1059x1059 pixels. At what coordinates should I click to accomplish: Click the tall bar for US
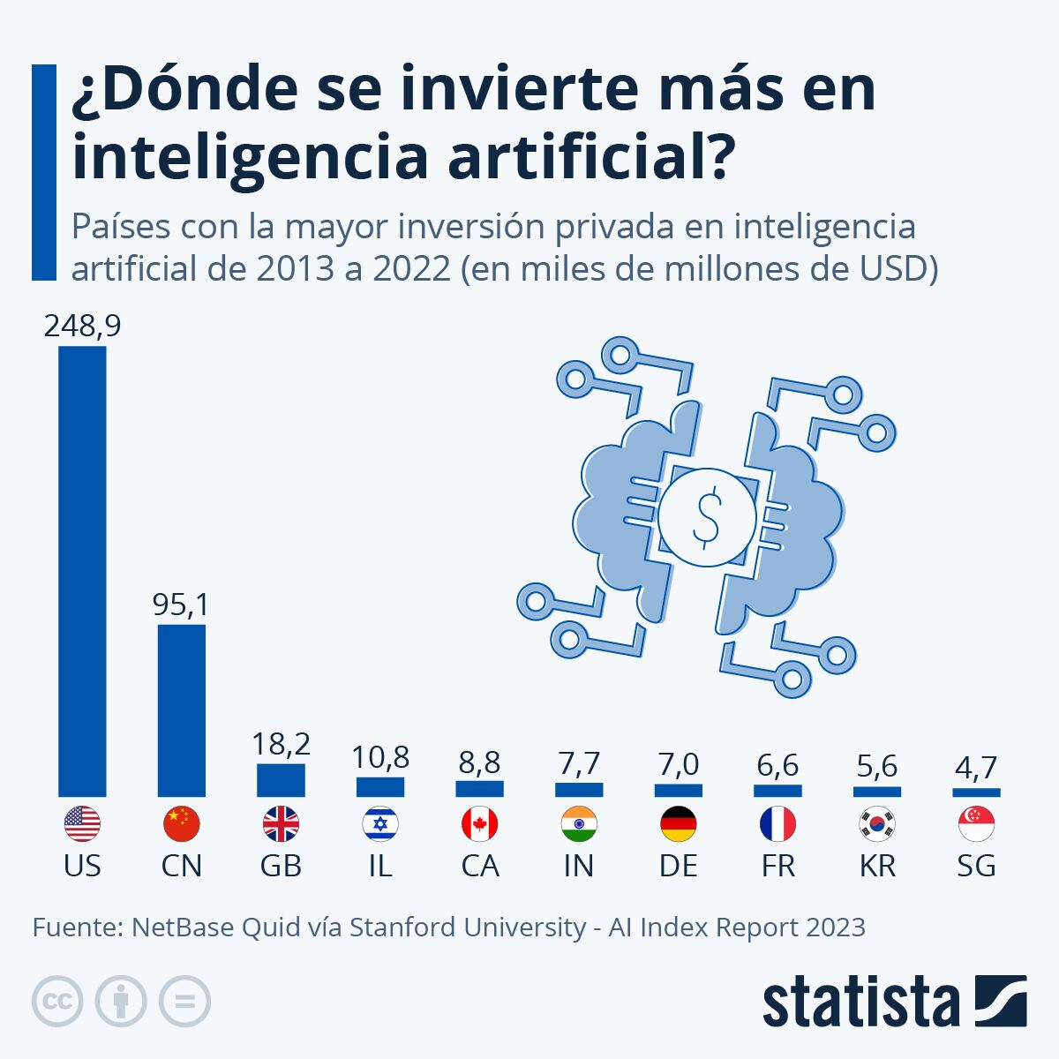tap(82, 571)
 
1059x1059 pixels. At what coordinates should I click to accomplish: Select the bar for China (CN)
tap(182, 710)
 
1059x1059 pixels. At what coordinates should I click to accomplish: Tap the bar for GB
tap(281, 780)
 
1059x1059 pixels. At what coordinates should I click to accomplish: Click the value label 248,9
tap(82, 327)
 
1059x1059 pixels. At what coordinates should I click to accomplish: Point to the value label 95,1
tap(181, 605)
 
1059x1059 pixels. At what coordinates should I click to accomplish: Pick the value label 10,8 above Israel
tap(380, 757)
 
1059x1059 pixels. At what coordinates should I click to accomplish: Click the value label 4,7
tap(976, 767)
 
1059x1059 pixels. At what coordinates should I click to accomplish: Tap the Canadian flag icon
tap(480, 825)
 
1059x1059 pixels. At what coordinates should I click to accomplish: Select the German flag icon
tap(679, 825)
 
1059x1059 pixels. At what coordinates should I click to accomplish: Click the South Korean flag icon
tap(877, 825)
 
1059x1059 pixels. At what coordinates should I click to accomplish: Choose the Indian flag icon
tap(579, 825)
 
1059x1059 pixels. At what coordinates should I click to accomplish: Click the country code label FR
tap(777, 867)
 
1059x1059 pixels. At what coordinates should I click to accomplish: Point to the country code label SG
tap(976, 867)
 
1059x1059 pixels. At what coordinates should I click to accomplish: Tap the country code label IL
tap(380, 867)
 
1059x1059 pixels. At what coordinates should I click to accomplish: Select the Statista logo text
tap(860, 1002)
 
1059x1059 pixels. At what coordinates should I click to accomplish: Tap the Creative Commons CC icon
tap(58, 1002)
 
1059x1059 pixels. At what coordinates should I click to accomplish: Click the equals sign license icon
tap(185, 1002)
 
